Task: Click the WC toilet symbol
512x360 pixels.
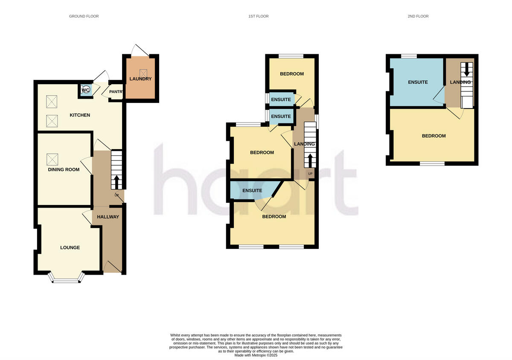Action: [x=85, y=90]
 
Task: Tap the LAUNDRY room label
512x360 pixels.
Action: [x=141, y=79]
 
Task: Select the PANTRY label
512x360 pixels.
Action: [x=116, y=91]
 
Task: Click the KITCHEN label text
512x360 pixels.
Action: [x=80, y=115]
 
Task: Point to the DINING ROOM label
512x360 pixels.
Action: [x=64, y=170]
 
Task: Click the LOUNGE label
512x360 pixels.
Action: [x=70, y=248]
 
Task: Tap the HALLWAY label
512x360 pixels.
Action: [x=108, y=217]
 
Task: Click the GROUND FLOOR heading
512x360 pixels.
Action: [x=84, y=16]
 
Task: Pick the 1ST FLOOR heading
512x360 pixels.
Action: [x=259, y=16]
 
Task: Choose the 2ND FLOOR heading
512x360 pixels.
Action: [x=418, y=16]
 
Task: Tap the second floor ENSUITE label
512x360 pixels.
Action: [x=418, y=82]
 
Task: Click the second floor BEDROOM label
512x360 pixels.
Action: [x=433, y=136]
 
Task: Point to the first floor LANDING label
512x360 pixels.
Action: [x=304, y=144]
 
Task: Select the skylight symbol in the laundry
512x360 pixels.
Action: [x=143, y=73]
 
